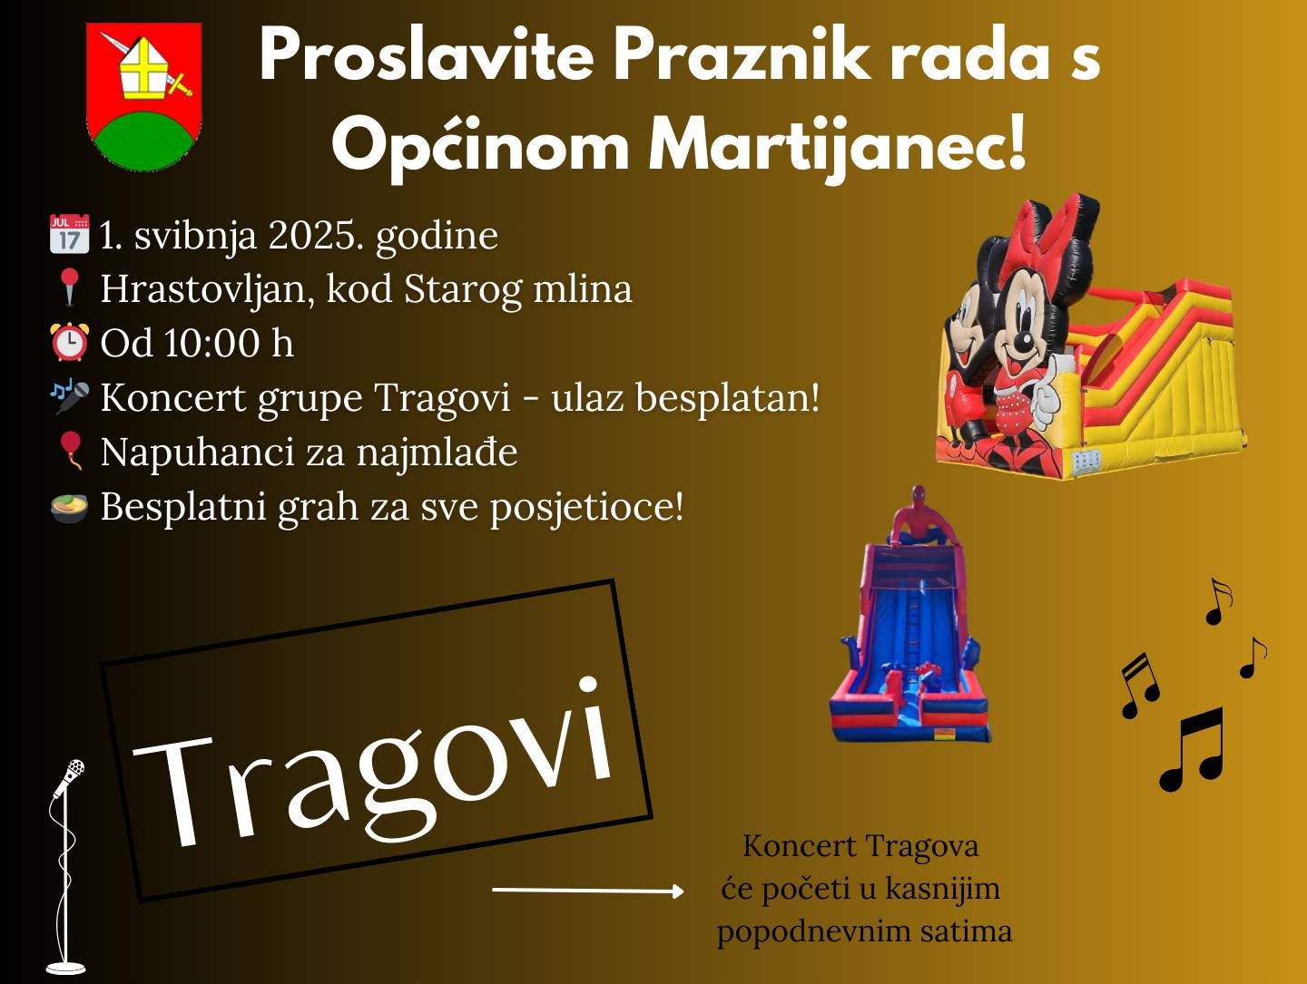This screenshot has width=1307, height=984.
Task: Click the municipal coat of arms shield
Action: pyautogui.click(x=144, y=96)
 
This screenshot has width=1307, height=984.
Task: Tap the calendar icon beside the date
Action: pyautogui.click(x=69, y=234)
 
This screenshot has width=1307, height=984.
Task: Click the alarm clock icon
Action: pyautogui.click(x=69, y=343)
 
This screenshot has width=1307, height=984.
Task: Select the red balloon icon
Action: pyautogui.click(x=70, y=450)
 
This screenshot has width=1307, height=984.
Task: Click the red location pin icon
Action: pyautogui.click(x=69, y=287)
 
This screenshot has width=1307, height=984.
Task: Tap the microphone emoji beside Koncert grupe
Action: pyautogui.click(x=69, y=397)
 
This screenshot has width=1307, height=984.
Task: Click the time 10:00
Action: pyautogui.click(x=211, y=344)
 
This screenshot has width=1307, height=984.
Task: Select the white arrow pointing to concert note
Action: pyautogui.click(x=587, y=891)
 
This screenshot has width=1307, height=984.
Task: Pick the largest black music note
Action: pyautogui.click(x=1193, y=749)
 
